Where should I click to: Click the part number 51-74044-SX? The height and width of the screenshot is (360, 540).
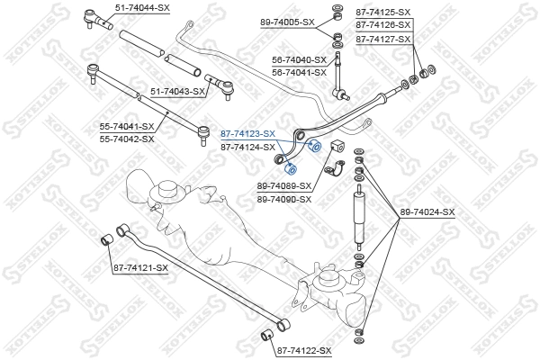[x=142, y=7]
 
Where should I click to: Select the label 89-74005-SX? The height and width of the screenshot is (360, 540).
[x=289, y=21]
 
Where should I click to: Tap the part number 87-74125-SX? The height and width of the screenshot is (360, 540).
[x=382, y=12]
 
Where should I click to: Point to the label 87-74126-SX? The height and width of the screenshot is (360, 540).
[x=382, y=25]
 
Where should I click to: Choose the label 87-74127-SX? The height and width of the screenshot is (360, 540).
[x=382, y=40]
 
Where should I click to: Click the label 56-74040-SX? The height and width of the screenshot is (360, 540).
[x=301, y=59]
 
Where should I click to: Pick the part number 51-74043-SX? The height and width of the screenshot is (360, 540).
[x=178, y=91]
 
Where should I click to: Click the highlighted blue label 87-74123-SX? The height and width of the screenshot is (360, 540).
[x=247, y=133]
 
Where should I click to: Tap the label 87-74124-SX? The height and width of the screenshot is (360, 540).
[x=247, y=147]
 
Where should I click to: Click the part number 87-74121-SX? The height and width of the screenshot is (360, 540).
[x=139, y=267]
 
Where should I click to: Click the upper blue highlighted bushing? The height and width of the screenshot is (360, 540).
[x=315, y=148]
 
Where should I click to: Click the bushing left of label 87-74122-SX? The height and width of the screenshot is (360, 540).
[x=265, y=337]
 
